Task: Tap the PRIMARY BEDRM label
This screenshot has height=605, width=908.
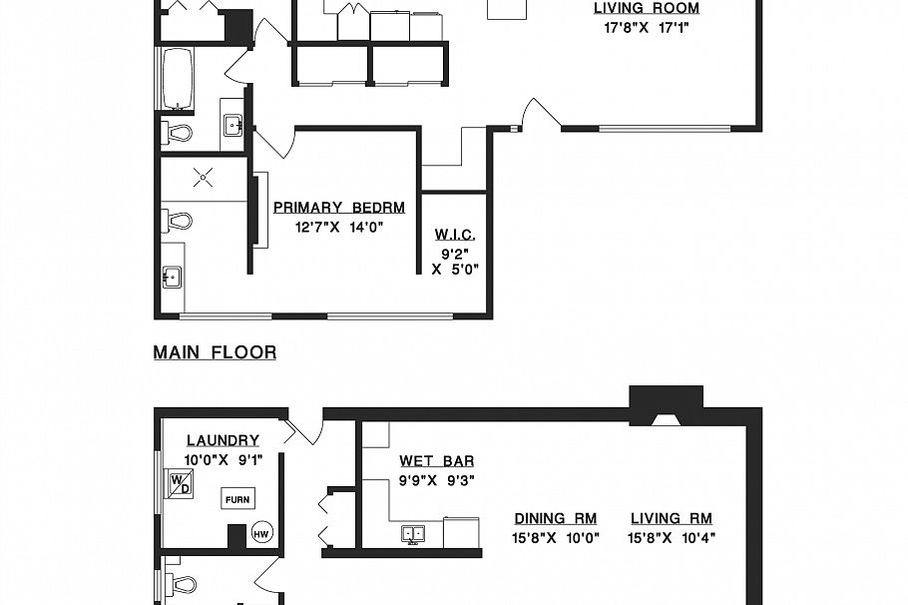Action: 339,208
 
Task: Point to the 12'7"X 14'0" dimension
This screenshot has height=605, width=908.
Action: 339,227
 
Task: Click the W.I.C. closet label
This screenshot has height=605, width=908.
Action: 454,235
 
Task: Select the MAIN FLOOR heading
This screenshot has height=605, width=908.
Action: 215,352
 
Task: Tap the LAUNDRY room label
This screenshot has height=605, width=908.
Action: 223,440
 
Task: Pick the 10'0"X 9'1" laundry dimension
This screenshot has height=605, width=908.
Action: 223,460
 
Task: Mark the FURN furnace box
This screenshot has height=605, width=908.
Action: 236,498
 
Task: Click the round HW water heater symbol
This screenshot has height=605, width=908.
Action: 262,534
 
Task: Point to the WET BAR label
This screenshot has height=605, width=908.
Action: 436,461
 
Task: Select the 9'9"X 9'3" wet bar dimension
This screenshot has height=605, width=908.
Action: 436,480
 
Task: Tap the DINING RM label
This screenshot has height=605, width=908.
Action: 555,518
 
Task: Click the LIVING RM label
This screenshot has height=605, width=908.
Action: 672,518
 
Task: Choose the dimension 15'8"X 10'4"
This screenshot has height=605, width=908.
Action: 672,538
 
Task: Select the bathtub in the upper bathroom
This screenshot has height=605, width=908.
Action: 176,80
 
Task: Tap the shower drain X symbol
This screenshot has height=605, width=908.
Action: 204,178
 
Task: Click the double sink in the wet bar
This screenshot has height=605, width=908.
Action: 414,534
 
